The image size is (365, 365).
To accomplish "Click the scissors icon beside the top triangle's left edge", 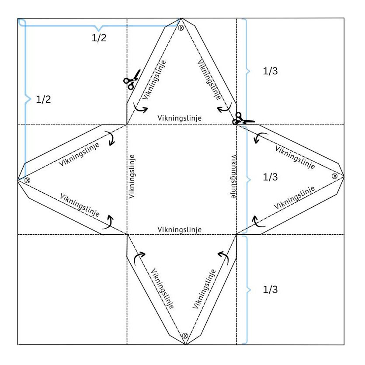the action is (132, 80).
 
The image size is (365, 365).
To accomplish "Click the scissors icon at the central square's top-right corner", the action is (242, 120).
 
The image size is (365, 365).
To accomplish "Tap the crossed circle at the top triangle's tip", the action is (181, 28).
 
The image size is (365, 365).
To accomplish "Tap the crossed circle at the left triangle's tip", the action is (28, 180).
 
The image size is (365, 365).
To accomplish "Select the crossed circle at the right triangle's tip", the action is (334, 176).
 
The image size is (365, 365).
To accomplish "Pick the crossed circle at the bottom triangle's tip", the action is (185, 336).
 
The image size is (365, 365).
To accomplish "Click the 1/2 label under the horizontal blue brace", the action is (99, 38).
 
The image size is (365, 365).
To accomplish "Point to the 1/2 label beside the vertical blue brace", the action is (43, 99).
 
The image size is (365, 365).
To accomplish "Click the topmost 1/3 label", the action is (270, 71).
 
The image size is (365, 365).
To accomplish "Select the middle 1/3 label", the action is (270, 177).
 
